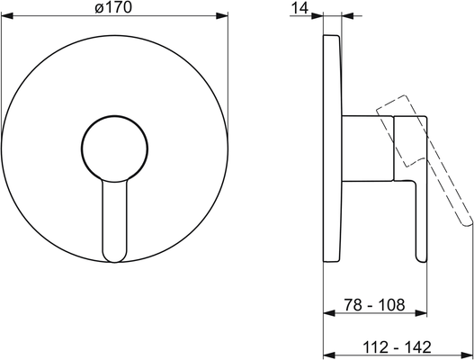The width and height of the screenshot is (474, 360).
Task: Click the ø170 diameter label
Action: pos(113,7)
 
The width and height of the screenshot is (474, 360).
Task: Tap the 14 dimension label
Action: pos(300,8)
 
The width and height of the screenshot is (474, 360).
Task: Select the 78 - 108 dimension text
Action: pos(374,304)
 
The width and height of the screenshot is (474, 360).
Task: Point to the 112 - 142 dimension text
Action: pos(397,347)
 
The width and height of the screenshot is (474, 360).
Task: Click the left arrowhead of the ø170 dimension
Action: pos(7,15)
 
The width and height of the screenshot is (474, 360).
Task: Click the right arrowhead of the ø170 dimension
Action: pos(222,15)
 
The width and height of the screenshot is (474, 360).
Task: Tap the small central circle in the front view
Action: pos(114,148)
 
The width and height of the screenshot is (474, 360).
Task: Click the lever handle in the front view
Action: pos(115,220)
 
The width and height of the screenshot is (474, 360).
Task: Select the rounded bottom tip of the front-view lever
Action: pos(115,258)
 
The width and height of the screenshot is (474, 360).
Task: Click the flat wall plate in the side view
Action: pos(333,148)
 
